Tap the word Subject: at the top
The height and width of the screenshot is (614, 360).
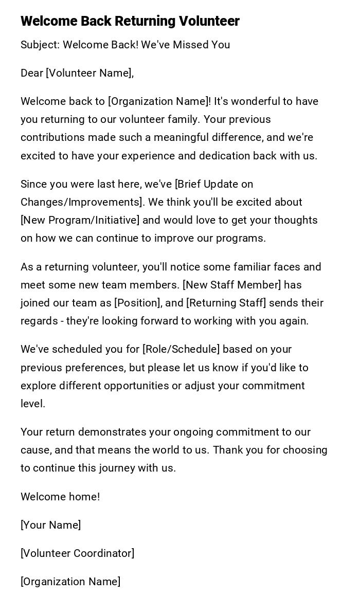(40, 45)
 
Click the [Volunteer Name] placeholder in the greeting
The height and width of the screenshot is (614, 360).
(89, 73)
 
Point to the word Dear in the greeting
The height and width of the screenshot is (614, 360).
(32, 73)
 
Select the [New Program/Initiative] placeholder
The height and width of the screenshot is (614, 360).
(80, 220)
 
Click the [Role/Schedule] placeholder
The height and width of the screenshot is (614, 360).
(181, 349)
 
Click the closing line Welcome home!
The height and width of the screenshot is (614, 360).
(60, 497)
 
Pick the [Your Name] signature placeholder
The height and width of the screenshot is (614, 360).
(50, 525)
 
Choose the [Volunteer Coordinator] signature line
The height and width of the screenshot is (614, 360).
(77, 553)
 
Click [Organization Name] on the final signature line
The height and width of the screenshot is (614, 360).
(70, 582)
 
